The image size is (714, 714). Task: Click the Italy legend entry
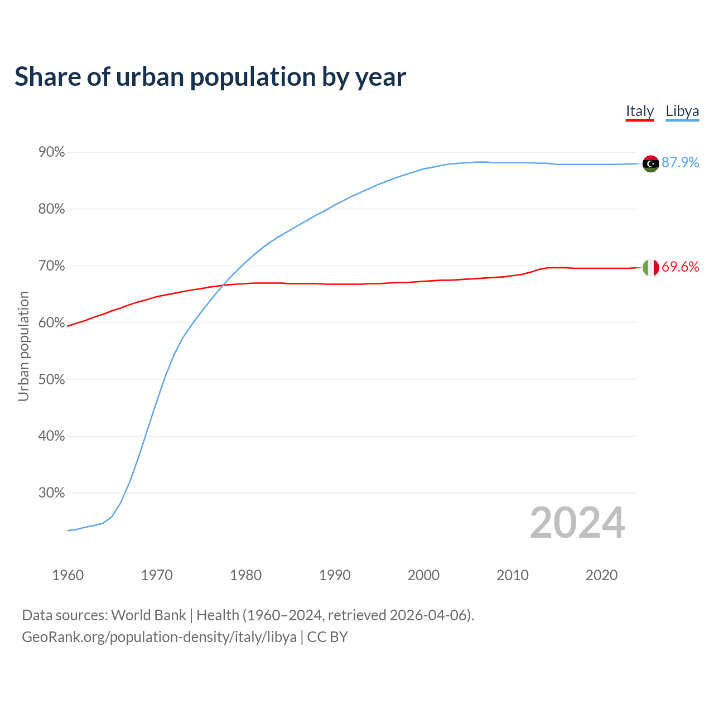point(639,111)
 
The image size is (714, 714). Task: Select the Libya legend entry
point(682,111)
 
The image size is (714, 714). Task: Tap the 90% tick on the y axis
point(52,152)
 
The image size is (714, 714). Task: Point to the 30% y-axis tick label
point(52,493)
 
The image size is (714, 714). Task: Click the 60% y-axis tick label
point(52,323)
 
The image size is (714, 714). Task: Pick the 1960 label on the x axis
point(67,575)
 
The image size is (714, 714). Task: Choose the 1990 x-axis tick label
point(335,575)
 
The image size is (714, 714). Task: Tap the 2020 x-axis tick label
point(601,575)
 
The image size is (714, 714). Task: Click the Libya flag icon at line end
point(650,163)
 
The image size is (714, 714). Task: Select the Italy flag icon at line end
point(650,268)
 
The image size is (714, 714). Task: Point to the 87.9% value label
point(681,162)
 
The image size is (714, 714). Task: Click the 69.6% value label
point(681,267)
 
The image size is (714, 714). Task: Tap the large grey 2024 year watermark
point(577,523)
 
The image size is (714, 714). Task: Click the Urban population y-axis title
point(23,346)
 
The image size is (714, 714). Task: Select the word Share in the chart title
point(47,77)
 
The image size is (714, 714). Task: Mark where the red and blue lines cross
point(222,286)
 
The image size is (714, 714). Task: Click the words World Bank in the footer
point(148,615)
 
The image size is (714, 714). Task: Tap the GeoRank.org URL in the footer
point(159,637)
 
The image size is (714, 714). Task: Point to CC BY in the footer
point(327,637)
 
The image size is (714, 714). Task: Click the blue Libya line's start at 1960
point(68,530)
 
